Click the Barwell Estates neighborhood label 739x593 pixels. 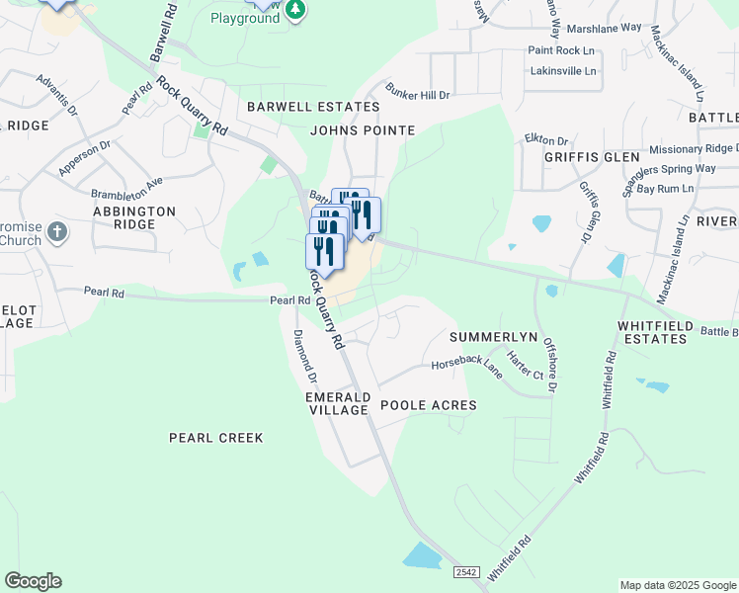point(313,107)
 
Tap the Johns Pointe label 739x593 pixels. point(363,130)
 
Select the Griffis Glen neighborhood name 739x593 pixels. point(585,157)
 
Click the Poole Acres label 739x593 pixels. point(429,405)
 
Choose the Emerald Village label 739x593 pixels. point(337,403)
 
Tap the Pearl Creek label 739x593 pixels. point(216,437)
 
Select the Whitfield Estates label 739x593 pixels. point(652,332)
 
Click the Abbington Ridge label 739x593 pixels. point(134,217)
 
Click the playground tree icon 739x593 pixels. point(294,9)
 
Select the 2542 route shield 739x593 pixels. point(467,573)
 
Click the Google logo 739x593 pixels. point(33,581)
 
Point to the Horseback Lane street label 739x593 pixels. point(466,366)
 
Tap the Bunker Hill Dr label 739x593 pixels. point(417,91)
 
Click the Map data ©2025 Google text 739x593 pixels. point(677,585)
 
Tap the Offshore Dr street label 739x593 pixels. point(551,364)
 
